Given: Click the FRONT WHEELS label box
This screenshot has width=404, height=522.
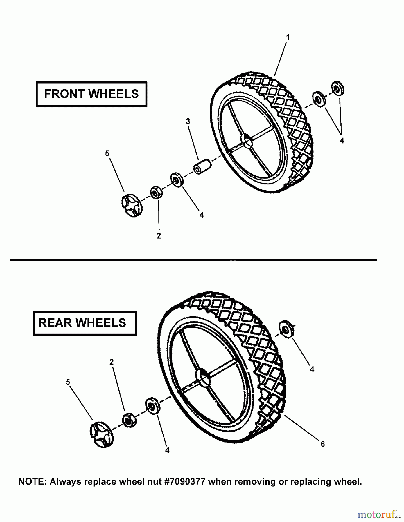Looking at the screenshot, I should [91, 94].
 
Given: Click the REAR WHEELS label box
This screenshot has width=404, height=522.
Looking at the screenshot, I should [85, 323].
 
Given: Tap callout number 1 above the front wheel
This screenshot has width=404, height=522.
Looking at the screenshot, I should [288, 37].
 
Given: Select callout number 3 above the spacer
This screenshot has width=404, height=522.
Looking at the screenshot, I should [188, 122].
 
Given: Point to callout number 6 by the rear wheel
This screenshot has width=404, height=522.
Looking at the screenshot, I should [323, 444].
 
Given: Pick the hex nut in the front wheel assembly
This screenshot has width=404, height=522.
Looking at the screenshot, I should [156, 192].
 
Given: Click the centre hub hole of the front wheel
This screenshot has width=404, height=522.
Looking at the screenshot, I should [247, 140].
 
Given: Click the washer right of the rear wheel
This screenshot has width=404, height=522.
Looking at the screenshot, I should [286, 329].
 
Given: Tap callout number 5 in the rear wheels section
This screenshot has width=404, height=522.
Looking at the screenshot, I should [68, 382].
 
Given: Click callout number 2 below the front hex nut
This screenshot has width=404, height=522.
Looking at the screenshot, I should [159, 236].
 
